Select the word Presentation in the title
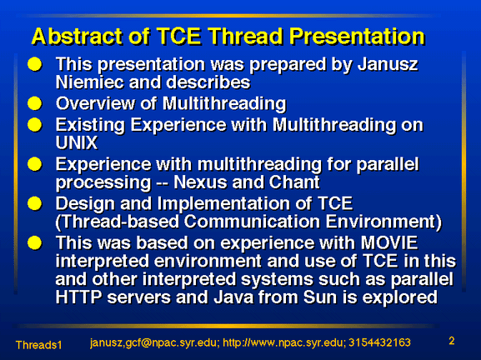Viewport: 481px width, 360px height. click(357, 36)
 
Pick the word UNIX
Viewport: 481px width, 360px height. click(77, 142)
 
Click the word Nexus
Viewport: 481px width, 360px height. click(201, 182)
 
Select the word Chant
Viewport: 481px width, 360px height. click(294, 182)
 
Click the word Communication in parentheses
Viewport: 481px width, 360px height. click(253, 222)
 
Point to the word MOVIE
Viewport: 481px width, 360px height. click(389, 242)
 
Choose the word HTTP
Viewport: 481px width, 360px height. click(79, 297)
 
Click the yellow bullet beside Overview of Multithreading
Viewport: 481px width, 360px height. click(35, 103)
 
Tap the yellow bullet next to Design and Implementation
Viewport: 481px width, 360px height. click(35, 203)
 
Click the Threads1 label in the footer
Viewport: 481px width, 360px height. click(39, 345)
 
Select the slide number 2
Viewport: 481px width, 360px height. click(452, 341)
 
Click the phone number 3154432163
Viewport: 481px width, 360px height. click(380, 342)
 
